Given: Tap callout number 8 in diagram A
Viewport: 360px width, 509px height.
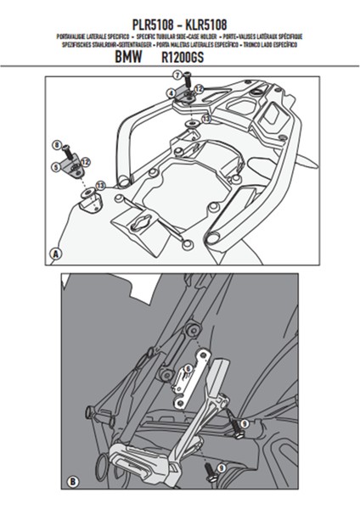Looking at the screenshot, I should click(56, 145).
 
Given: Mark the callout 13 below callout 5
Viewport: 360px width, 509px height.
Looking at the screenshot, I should click(101, 184).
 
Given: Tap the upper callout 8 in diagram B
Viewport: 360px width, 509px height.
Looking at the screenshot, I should click(244, 422).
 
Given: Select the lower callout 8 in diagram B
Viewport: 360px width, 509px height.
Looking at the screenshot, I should click(221, 467).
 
